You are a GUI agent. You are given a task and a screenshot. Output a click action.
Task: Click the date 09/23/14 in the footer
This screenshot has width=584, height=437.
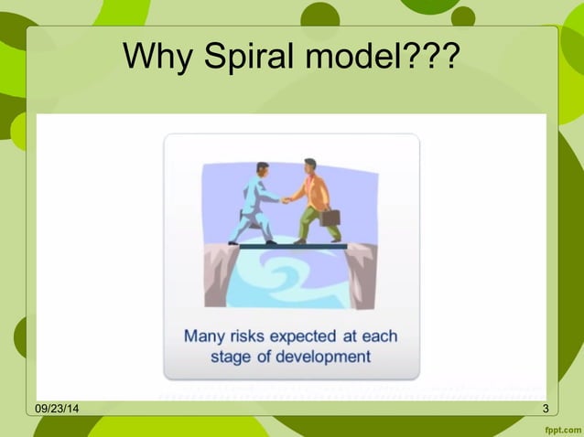[x=56, y=408]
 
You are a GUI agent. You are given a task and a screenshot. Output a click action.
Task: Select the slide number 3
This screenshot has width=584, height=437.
[x=546, y=408]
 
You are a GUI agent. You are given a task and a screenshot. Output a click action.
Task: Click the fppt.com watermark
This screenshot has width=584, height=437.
[x=559, y=427]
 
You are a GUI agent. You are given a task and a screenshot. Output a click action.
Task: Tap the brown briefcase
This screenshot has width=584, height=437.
[x=330, y=218]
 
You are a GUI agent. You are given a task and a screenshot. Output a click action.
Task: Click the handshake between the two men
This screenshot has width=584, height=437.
[x=286, y=199]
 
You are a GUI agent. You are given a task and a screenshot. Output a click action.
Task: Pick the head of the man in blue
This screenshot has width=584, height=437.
[x=263, y=169]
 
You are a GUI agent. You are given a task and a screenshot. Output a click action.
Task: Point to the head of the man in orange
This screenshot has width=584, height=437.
[x=309, y=167]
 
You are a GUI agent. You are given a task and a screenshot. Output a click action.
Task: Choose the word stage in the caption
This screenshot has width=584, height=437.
[x=233, y=357]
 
